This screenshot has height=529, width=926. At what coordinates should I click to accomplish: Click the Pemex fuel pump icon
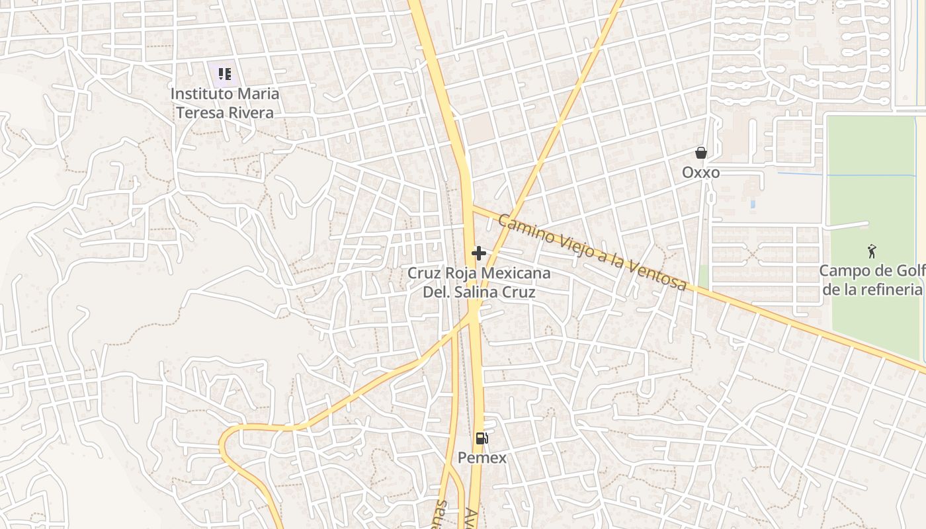[482, 438]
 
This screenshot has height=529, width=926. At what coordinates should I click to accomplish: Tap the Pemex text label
[482, 458]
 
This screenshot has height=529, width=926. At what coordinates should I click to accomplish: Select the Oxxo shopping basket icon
[701, 153]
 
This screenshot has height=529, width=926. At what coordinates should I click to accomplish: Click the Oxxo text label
[701, 173]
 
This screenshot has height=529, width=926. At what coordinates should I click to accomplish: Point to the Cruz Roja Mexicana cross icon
[479, 253]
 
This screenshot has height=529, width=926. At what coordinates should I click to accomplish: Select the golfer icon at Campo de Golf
[872, 251]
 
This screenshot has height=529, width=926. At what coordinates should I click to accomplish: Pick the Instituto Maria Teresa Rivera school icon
[225, 73]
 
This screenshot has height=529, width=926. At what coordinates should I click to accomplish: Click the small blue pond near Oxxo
[753, 204]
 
